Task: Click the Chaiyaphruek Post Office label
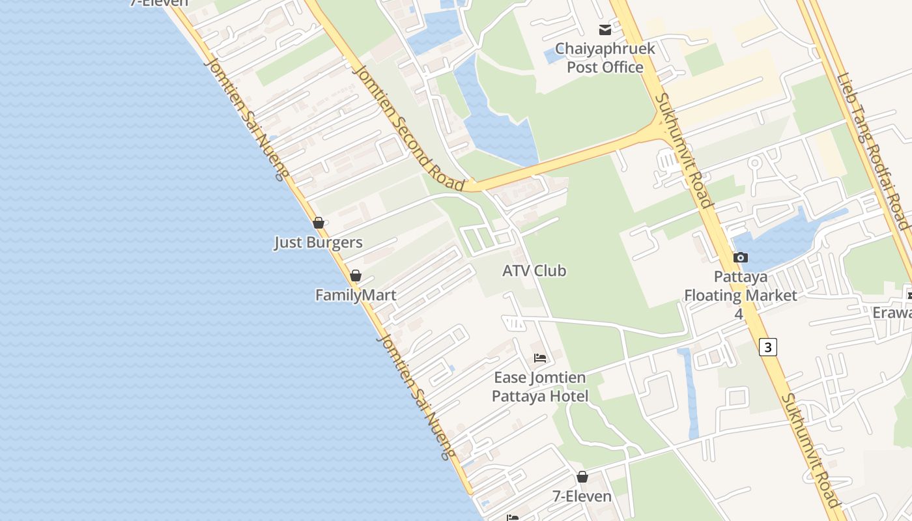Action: [x=605, y=58]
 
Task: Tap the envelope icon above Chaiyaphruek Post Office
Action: [x=605, y=29]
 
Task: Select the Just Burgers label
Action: [x=318, y=243]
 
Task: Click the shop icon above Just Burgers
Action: [x=319, y=223]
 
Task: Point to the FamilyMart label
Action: [x=356, y=295]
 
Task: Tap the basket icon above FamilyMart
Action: [x=356, y=275]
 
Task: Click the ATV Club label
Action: [x=534, y=271]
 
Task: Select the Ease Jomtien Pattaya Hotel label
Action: [x=540, y=387]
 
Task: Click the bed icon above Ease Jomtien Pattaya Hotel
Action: [x=540, y=358]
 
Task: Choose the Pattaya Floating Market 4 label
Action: [x=740, y=295]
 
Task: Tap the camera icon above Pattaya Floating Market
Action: [x=741, y=257]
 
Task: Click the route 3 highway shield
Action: [x=768, y=347]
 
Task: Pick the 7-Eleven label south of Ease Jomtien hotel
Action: [x=582, y=496]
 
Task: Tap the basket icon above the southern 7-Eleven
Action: [x=582, y=477]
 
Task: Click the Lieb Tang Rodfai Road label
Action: [x=873, y=151]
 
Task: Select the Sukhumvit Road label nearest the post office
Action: [x=683, y=150]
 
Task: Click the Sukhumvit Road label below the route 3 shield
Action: [x=811, y=450]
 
